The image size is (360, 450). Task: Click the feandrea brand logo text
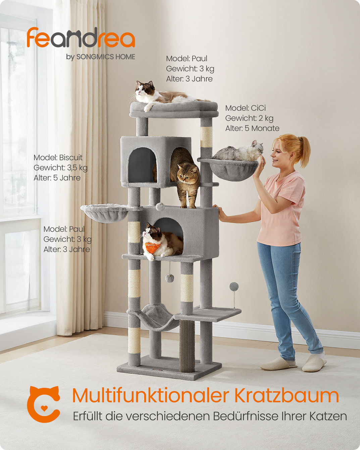[x=81, y=38]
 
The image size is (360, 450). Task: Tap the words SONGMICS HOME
[x=106, y=57]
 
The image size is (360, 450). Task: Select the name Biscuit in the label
[x=71, y=157]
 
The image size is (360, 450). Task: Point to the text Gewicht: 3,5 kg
[x=60, y=168]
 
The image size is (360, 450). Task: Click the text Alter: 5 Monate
[x=252, y=128]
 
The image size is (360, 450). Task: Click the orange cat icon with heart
[x=44, y=405]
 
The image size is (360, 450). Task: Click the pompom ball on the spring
[x=234, y=287]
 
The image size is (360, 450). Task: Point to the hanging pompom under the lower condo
[x=169, y=278]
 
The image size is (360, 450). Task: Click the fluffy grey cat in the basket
[x=238, y=151]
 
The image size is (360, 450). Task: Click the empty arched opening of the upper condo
[x=142, y=165]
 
